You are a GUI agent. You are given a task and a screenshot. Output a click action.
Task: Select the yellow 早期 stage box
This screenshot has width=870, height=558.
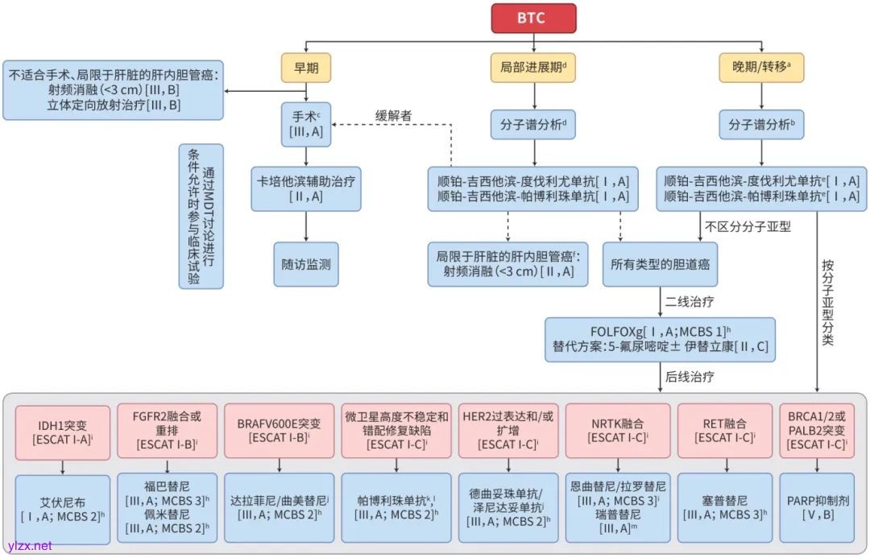[x=306, y=68]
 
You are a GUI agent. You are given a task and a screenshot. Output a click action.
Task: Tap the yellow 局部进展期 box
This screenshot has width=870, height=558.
[x=532, y=68]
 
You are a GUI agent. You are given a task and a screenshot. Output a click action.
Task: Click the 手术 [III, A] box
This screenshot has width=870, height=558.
[x=306, y=124]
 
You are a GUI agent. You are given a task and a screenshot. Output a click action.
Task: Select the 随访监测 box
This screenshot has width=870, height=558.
[x=305, y=264]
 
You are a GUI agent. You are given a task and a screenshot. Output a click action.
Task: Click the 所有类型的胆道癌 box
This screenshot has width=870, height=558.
[x=660, y=264]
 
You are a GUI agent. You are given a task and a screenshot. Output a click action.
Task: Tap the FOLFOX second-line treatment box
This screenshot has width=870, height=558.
[x=660, y=338]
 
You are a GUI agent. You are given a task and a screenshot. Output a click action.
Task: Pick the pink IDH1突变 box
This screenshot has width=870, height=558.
[x=62, y=431]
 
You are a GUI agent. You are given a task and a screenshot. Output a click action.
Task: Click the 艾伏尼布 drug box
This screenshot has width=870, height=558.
[x=62, y=507]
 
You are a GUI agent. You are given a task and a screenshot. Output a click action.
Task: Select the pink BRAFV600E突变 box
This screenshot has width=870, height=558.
[x=279, y=431]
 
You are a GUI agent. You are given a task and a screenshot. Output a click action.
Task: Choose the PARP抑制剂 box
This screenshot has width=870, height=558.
[x=818, y=507]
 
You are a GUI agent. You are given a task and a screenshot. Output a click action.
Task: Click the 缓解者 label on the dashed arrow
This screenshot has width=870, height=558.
[x=394, y=115]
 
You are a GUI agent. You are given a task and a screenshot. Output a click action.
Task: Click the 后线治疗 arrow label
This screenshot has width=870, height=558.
[x=690, y=376]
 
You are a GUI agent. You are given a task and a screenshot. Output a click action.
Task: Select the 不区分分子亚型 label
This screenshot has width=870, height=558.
[x=748, y=226]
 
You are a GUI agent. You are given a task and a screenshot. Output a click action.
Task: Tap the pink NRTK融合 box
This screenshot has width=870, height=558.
[x=617, y=431]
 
